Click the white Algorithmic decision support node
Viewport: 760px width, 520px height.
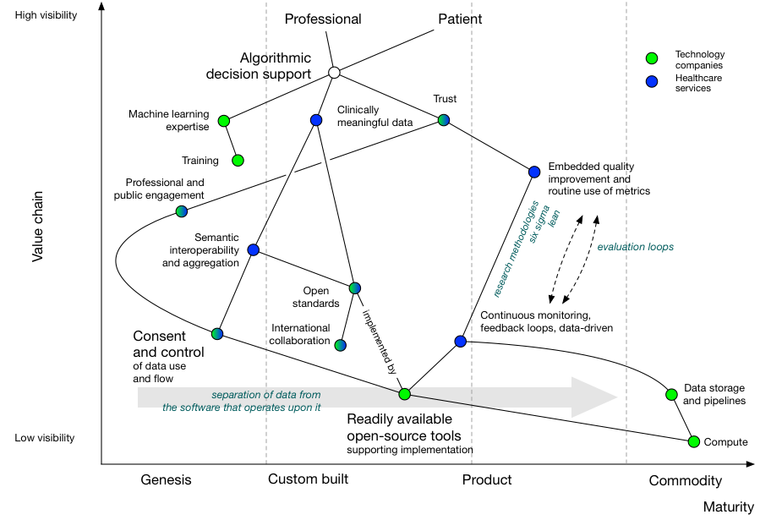(x=334, y=73)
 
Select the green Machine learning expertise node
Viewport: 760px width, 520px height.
(x=224, y=121)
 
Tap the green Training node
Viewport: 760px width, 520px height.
(x=238, y=160)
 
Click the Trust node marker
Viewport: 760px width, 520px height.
(x=443, y=120)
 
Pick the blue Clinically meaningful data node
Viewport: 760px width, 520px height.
(x=316, y=120)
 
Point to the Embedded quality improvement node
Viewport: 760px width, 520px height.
(x=534, y=172)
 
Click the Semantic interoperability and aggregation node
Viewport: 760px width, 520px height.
(x=254, y=249)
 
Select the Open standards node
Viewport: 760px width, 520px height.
(x=354, y=288)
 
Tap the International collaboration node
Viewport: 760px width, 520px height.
(x=340, y=345)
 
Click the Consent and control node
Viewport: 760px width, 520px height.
(x=217, y=334)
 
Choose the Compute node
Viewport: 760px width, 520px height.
(x=694, y=441)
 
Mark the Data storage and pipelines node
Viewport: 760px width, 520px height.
(x=671, y=394)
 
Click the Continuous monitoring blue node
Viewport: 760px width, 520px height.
(x=461, y=341)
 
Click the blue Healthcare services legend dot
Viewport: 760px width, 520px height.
(x=651, y=82)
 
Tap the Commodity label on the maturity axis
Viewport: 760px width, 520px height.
(x=685, y=480)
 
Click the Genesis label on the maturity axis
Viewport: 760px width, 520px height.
(x=166, y=479)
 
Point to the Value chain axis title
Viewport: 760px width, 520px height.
(x=37, y=227)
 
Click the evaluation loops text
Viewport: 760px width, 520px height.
(x=635, y=247)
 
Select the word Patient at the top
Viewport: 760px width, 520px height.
(x=460, y=19)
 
